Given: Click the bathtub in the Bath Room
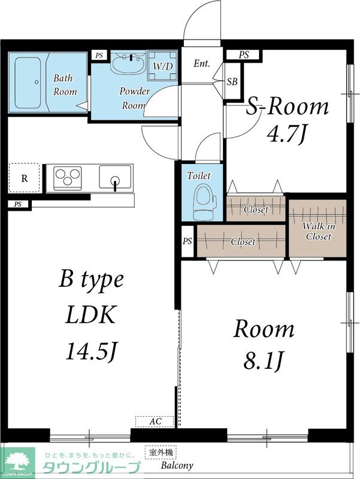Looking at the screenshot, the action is coord(28,83).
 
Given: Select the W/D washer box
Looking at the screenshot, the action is coord(162,65).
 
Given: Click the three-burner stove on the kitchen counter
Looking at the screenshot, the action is coord(68,177).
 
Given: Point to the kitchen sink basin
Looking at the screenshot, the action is coord(115,177).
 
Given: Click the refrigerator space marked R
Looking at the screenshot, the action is coord(24,178).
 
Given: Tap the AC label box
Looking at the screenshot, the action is coord(155,422).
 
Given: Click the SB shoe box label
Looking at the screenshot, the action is coord(232,81).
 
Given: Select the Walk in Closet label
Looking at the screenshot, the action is coord(319,231).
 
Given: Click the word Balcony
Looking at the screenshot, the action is coord(177,466).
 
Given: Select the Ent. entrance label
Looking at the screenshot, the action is coord(202,63).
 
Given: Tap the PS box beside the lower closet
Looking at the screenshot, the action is coord(187,241).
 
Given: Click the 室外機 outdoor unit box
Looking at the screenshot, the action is coord(161,452).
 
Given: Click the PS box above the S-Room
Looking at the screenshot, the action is coord(244,54).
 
